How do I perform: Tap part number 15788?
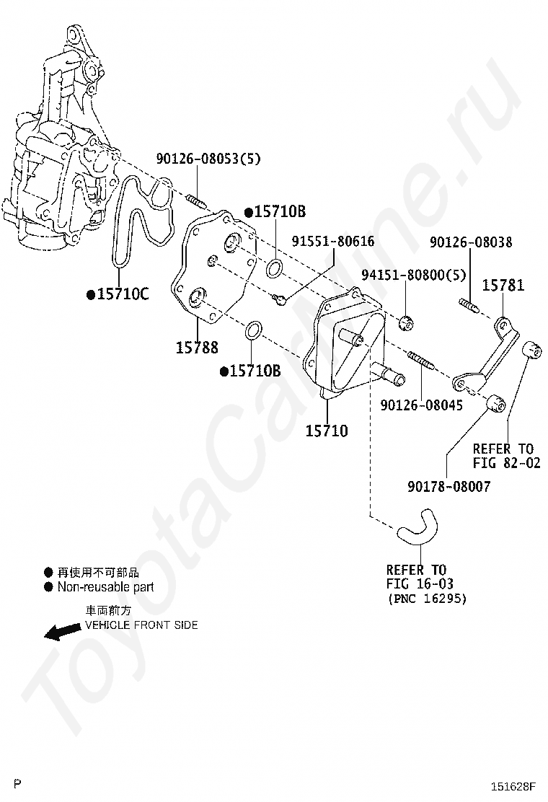click(196, 347)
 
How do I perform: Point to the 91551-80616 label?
click(333, 242)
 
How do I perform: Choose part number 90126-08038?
click(471, 243)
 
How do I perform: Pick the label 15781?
click(503, 286)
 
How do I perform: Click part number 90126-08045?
click(422, 405)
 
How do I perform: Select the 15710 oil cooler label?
click(326, 431)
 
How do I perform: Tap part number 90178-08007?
click(448, 487)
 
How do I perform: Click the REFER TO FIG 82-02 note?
click(506, 456)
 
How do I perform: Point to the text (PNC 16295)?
click(427, 599)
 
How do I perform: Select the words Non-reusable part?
click(105, 587)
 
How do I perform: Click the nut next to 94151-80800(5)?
click(407, 321)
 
